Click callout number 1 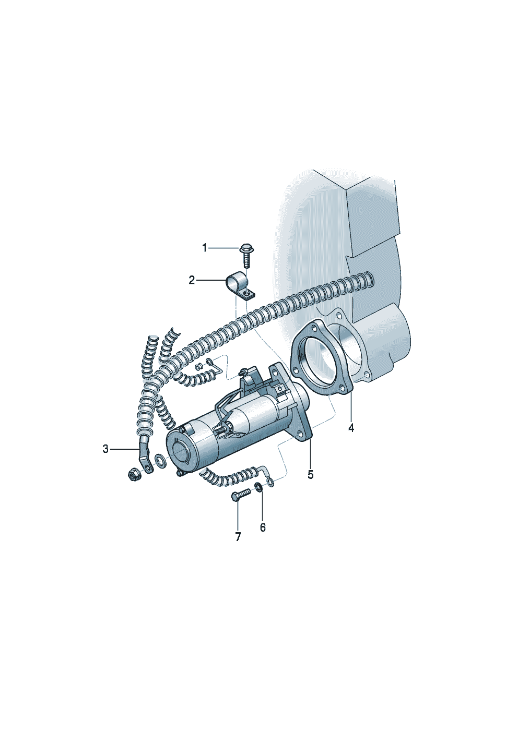click(x=204, y=248)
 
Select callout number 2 click(x=192, y=280)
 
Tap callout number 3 click(x=105, y=449)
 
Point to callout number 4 click(x=351, y=428)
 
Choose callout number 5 click(x=310, y=474)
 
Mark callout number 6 click(x=263, y=527)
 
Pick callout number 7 click(x=238, y=536)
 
